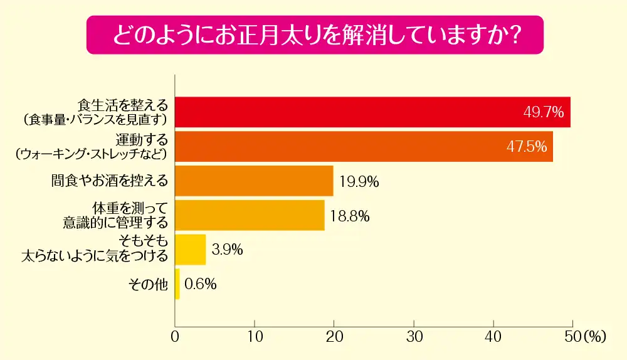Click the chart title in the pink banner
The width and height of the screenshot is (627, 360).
coord(313,34)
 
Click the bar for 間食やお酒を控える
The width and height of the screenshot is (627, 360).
coord(254,181)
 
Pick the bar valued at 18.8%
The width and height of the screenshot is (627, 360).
coord(250,216)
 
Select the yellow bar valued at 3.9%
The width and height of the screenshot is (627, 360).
coord(191,250)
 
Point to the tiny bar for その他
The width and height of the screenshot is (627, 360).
coord(177,284)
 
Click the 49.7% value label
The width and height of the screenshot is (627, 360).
coord(544,113)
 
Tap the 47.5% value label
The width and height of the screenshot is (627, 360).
coord(527,147)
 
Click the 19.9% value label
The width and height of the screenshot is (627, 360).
coord(359,182)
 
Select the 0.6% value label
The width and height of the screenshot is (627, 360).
coord(201,284)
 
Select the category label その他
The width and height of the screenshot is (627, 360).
coord(148,284)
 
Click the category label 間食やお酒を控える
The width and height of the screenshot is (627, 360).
coord(110,181)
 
